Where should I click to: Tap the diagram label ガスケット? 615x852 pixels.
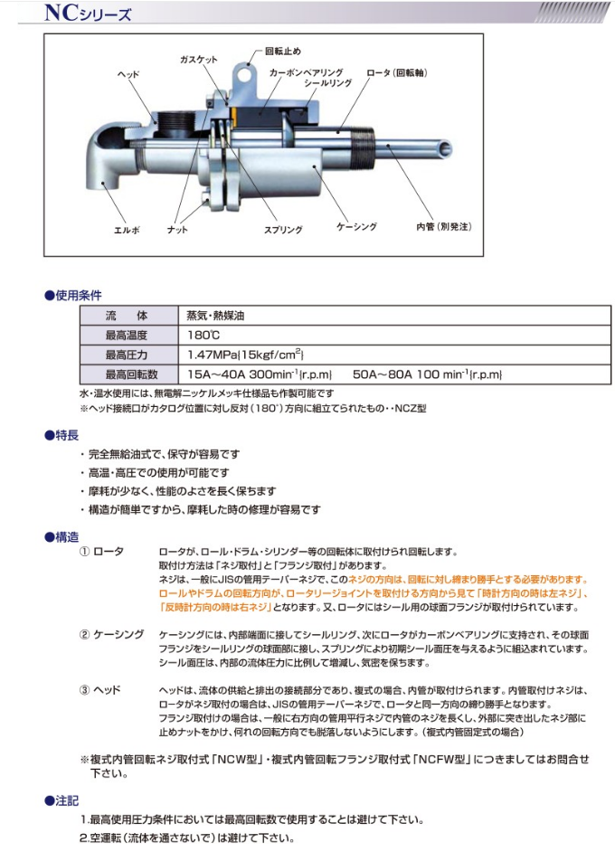(x=198, y=59)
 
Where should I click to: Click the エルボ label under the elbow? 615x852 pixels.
(x=127, y=230)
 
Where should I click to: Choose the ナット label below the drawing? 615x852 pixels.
(x=178, y=230)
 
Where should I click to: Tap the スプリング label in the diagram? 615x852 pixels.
(x=283, y=230)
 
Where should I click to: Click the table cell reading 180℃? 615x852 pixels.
(x=204, y=336)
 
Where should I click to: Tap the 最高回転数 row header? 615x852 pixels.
(x=131, y=374)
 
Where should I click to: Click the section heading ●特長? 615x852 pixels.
(x=61, y=436)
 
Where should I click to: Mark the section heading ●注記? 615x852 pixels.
(x=61, y=800)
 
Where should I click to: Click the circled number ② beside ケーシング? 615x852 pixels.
(x=86, y=635)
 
